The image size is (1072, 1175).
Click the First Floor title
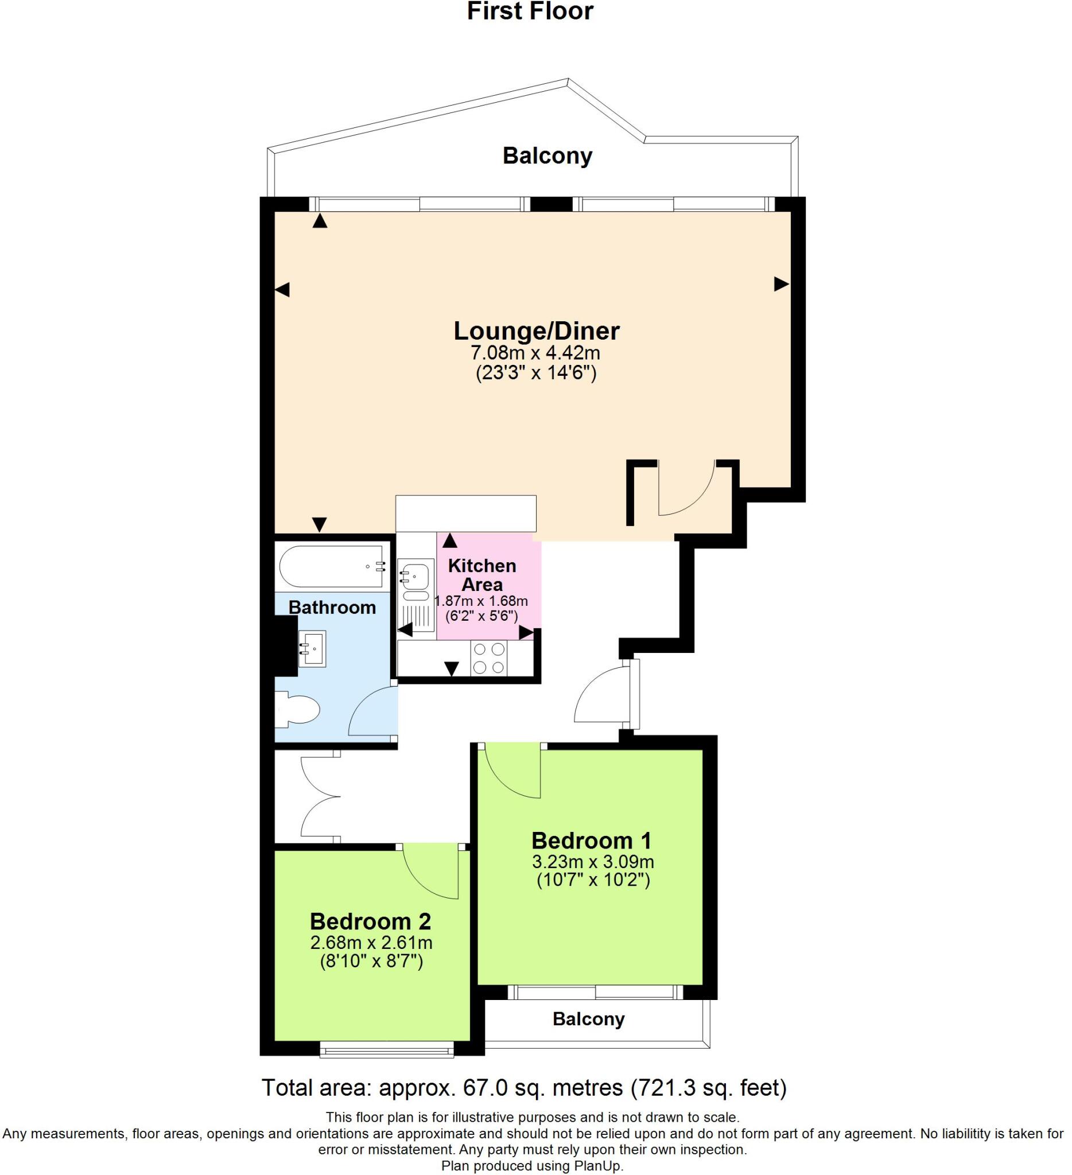coord(530,11)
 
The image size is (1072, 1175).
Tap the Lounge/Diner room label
coord(537,331)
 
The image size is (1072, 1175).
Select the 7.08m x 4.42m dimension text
coord(535,353)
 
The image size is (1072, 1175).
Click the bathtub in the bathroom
coord(331,566)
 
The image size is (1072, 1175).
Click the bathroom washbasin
coord(312,648)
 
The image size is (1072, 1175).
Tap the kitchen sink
coord(415,579)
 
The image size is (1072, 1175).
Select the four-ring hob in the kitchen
coord(489,658)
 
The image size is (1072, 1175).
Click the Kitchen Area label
coord(481,575)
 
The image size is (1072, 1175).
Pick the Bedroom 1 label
coord(591,841)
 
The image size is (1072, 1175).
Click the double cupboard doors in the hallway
coord(318,797)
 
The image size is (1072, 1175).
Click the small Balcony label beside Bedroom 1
coord(588,1019)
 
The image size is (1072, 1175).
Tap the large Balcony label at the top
coord(547,155)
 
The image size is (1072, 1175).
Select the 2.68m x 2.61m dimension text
coord(371,942)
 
